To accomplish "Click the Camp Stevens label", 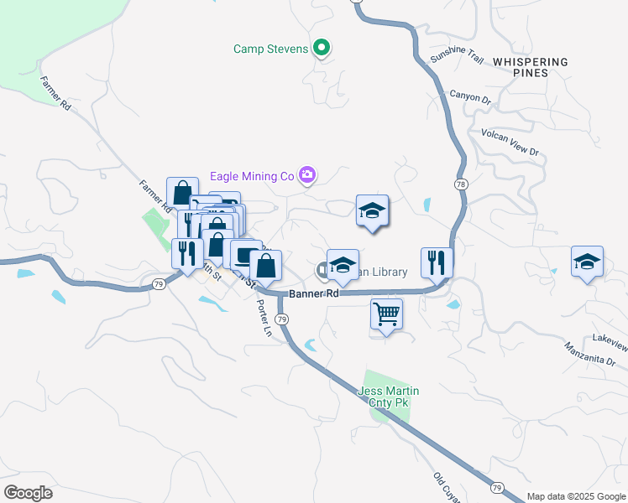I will [x=271, y=48].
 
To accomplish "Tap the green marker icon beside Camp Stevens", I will [x=321, y=48].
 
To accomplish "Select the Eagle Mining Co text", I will [x=252, y=175].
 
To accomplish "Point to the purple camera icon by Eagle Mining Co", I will [x=307, y=175].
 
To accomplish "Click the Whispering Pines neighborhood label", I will [x=530, y=67].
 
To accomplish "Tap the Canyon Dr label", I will [x=470, y=97].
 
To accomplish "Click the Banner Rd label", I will [x=314, y=294].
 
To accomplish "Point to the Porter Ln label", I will [x=264, y=318].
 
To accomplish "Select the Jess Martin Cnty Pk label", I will [x=388, y=397].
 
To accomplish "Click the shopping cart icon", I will [x=386, y=315].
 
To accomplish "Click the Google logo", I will [x=28, y=492].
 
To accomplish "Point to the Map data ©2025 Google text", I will [x=575, y=496].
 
